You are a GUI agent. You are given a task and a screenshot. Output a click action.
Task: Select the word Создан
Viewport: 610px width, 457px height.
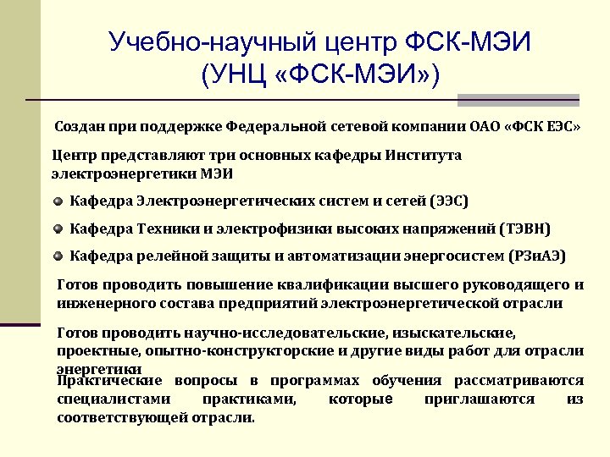coord(80,127)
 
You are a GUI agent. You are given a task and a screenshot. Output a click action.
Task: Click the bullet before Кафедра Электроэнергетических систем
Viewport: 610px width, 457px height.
coord(58,201)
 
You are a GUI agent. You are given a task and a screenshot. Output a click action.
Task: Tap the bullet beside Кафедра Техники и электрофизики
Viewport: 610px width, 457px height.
coord(58,228)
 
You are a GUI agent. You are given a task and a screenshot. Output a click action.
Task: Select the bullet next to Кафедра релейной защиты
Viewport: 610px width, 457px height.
coord(58,256)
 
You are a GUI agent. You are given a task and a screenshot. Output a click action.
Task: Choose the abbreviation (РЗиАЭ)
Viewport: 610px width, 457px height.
coord(538,256)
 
